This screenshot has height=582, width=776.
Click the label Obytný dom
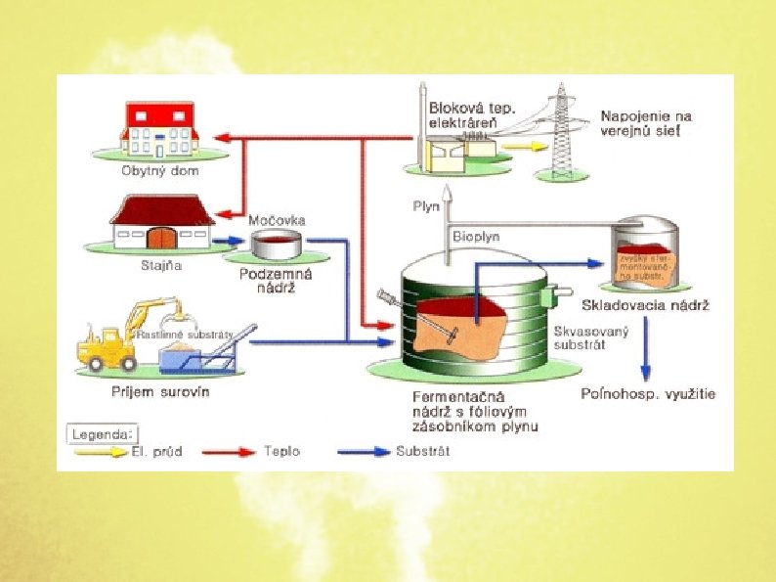(159, 171)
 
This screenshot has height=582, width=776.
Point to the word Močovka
(277, 221)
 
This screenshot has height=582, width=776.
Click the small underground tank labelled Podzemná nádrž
(277, 245)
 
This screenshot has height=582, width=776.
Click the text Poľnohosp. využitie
(647, 394)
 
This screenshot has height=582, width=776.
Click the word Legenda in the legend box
(102, 431)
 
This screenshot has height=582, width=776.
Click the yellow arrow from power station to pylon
(520, 145)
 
